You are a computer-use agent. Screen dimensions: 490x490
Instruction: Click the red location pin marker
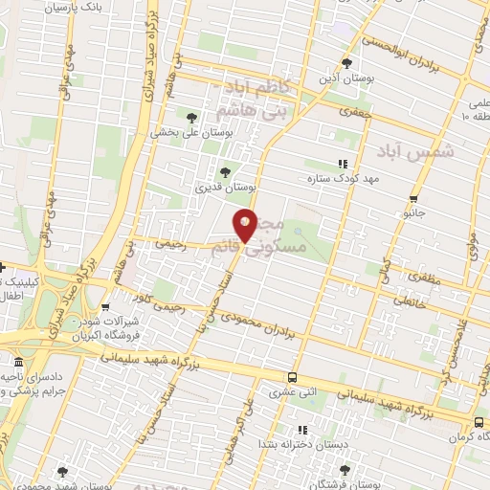246,224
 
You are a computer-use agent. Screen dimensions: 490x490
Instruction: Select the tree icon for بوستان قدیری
225,172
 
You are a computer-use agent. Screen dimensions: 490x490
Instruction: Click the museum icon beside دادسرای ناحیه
18,364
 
